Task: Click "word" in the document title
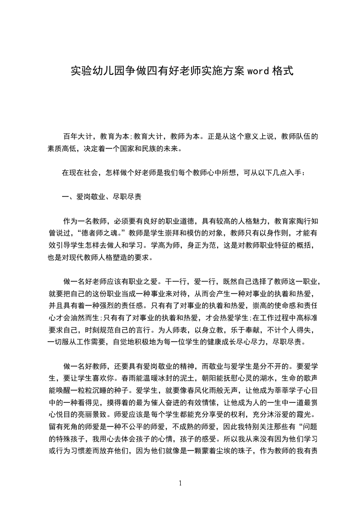(258, 71)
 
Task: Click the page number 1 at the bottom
(180, 483)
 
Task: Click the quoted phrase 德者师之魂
(100, 234)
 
